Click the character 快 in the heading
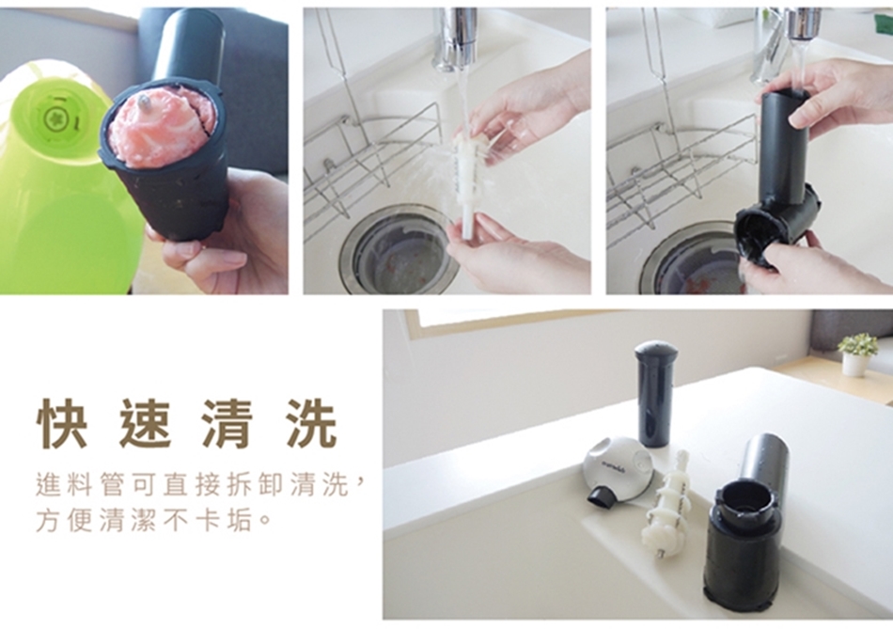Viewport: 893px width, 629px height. click(62, 424)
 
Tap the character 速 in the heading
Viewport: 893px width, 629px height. click(145, 424)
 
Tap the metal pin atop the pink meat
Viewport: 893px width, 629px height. click(145, 103)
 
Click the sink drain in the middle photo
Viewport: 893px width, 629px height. click(399, 246)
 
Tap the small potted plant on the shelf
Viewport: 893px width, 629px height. click(857, 354)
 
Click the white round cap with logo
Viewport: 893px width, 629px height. click(618, 468)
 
